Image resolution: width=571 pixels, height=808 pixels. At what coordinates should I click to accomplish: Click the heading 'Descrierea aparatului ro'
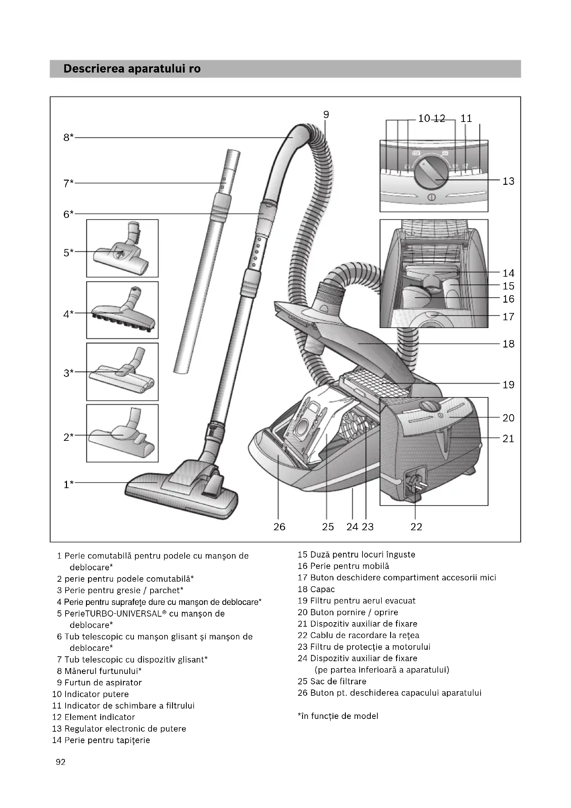click(x=132, y=69)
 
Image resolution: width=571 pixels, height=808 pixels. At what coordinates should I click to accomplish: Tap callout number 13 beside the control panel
click(x=508, y=181)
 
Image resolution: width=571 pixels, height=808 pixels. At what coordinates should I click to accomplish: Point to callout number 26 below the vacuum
click(x=279, y=527)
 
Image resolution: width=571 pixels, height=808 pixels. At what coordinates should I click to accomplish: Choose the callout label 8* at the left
click(x=68, y=137)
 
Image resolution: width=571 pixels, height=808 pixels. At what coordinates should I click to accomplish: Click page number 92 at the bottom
click(x=60, y=762)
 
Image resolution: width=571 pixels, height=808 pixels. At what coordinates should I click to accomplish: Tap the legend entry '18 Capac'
click(x=316, y=589)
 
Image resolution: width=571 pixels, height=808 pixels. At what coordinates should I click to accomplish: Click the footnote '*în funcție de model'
click(x=338, y=716)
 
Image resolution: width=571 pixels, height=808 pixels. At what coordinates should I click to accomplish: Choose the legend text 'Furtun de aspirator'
click(x=103, y=683)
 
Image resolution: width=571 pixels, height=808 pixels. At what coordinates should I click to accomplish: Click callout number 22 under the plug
click(x=416, y=527)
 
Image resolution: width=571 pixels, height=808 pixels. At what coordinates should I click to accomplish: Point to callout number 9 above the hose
click(x=326, y=115)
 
